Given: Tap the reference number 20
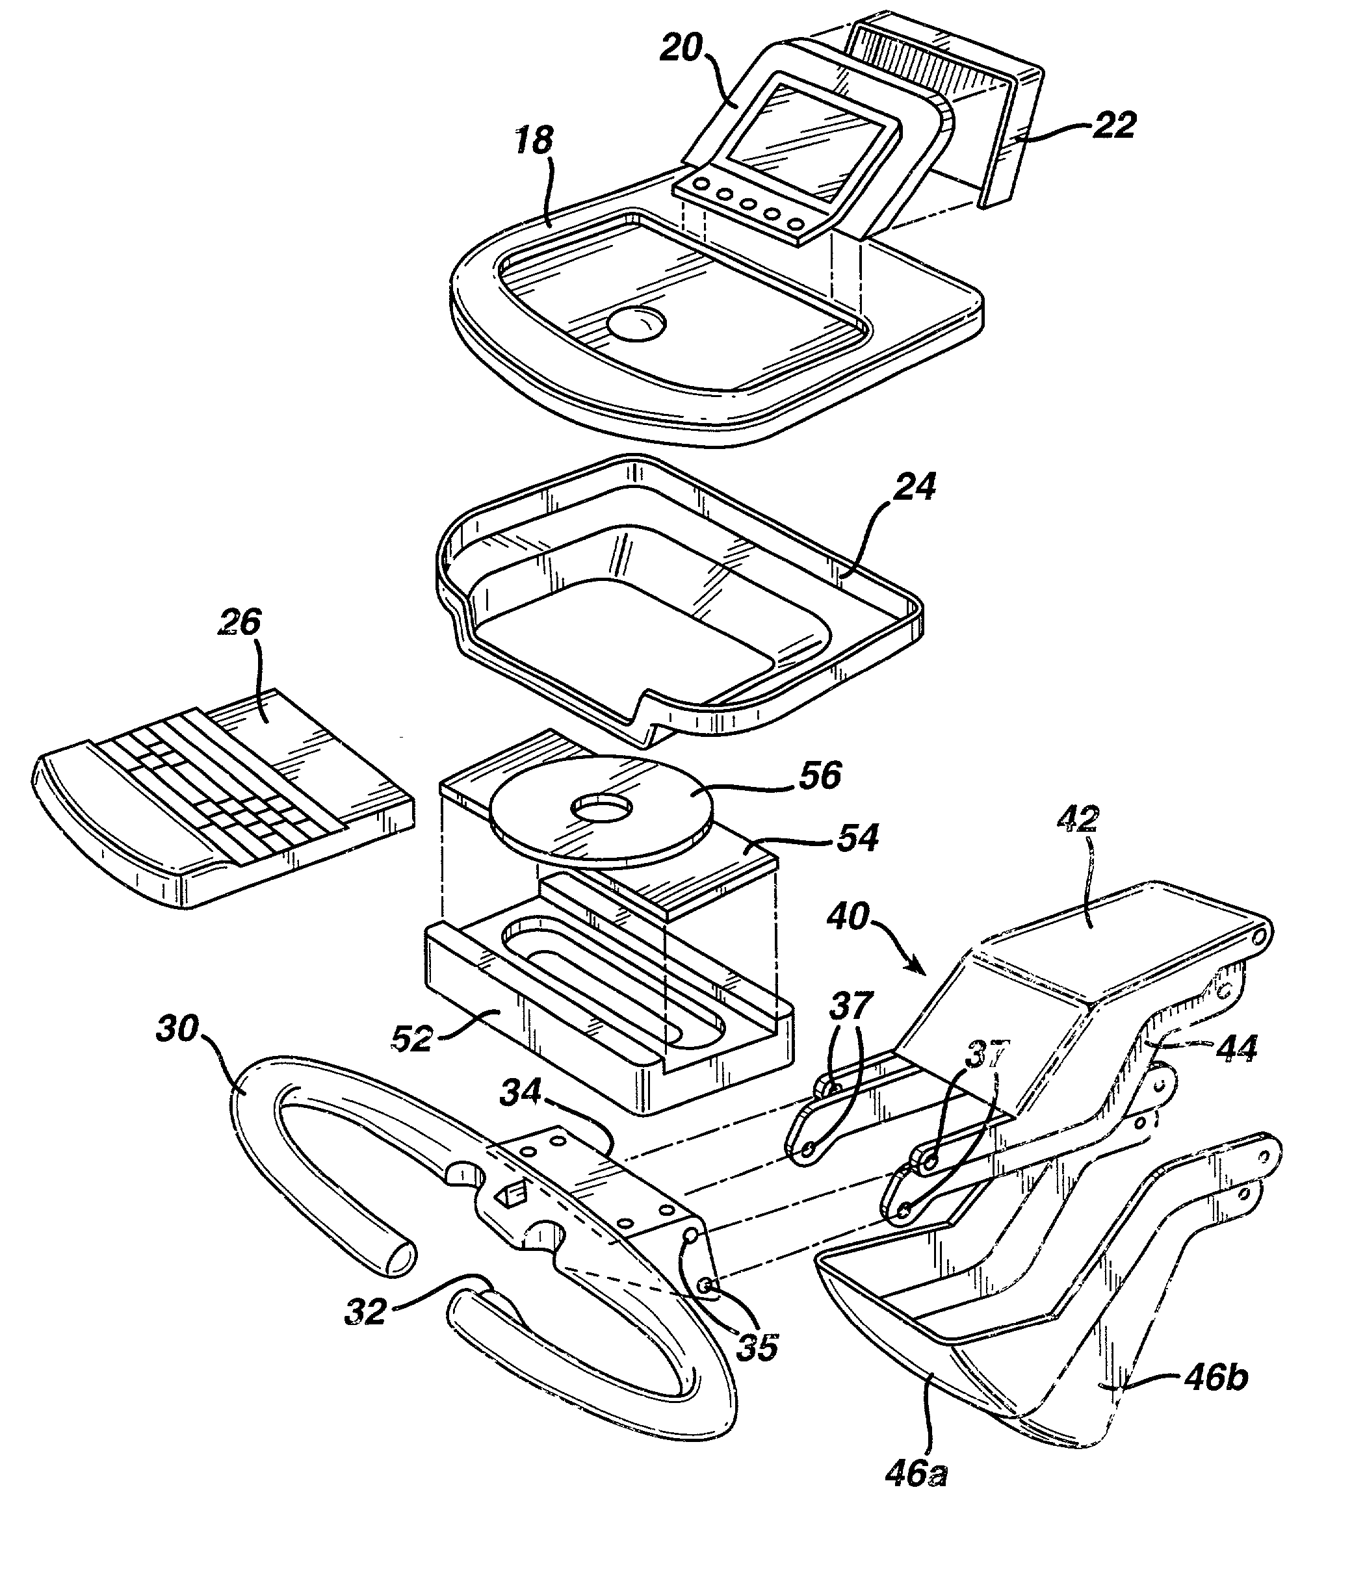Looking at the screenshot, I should point(681,48).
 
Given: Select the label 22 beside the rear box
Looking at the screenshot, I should point(1113,125).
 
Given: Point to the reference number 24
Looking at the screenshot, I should point(914,487).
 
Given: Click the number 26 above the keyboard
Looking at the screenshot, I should point(240,623).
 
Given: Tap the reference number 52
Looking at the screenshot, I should point(412,1038).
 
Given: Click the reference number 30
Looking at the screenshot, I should point(177,1029).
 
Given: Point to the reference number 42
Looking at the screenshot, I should point(1078,820).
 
